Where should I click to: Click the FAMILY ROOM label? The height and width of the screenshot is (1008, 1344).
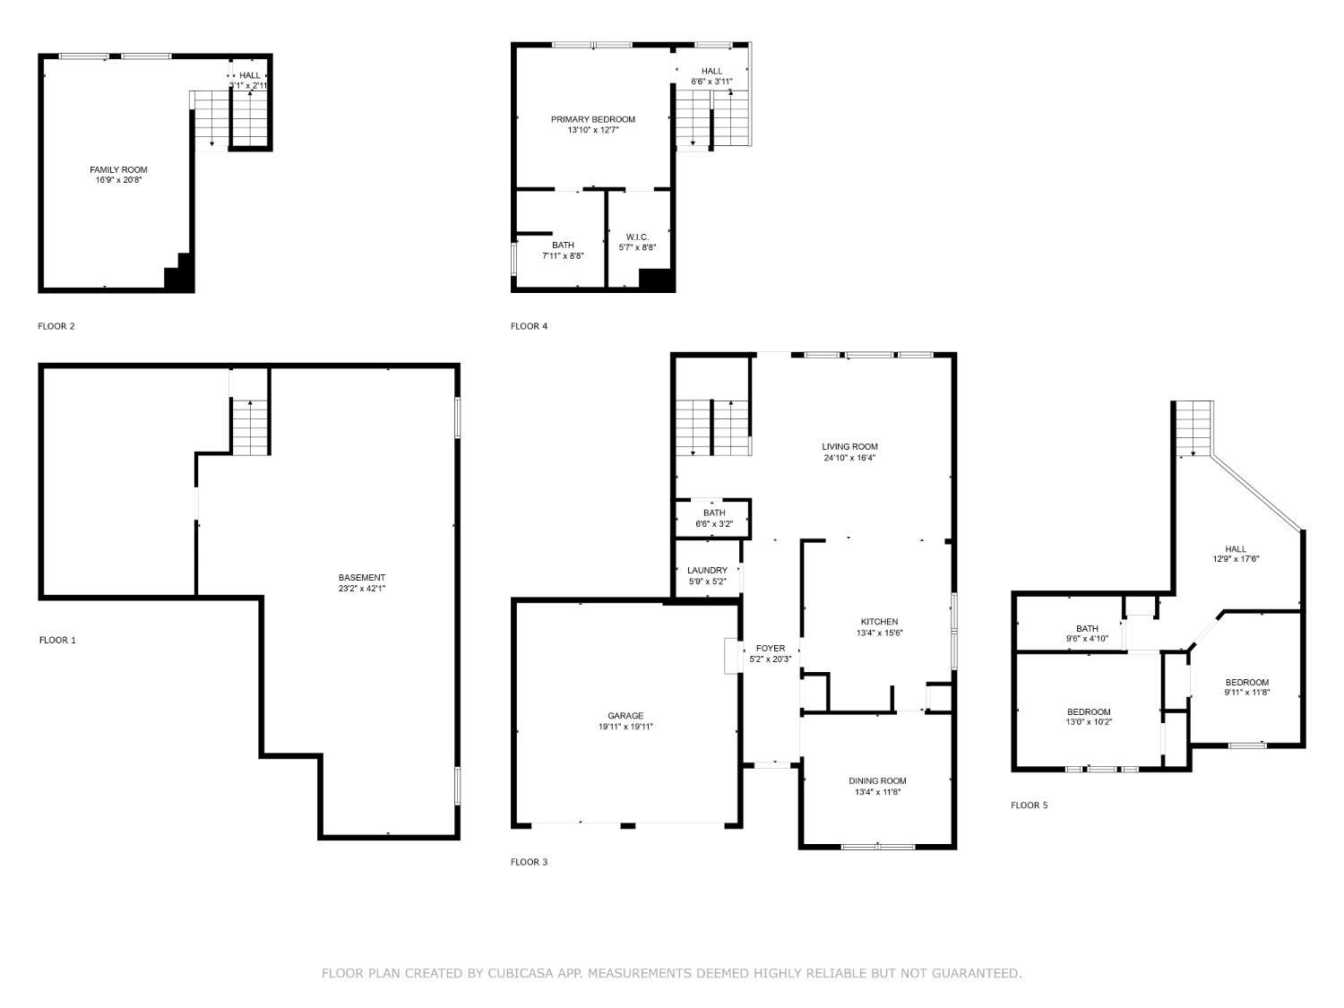[x=118, y=169]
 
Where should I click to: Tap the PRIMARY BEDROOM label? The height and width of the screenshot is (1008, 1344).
[x=592, y=119]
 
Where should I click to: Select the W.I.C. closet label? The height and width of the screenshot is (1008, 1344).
[x=637, y=237]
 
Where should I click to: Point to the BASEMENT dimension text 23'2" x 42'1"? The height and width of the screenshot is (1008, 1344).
[x=362, y=589]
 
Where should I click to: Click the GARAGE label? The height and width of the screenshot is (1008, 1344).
[x=625, y=716]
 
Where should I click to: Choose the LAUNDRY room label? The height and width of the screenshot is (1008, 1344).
[x=707, y=571]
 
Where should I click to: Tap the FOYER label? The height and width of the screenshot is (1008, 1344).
[x=771, y=648]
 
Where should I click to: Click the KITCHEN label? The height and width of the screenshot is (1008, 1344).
[x=879, y=622]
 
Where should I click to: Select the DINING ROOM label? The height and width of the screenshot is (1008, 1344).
[x=878, y=781]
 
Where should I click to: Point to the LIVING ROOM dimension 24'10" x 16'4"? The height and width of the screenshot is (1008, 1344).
[x=850, y=458]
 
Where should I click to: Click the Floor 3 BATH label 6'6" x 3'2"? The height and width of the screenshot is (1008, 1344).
[x=714, y=513]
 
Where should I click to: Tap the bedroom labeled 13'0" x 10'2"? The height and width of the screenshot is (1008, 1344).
[x=1088, y=712]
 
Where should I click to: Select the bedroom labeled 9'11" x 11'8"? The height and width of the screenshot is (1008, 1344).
[x=1247, y=683]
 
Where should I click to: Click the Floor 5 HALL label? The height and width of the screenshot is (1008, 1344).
[x=1236, y=549]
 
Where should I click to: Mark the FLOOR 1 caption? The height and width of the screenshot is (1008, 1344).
[x=57, y=640]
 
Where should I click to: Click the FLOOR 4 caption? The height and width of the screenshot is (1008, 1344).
[x=529, y=326]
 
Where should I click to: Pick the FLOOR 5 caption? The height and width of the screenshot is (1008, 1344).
[x=1029, y=806]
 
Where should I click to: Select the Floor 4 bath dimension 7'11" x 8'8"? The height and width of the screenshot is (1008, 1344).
[x=563, y=256]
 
